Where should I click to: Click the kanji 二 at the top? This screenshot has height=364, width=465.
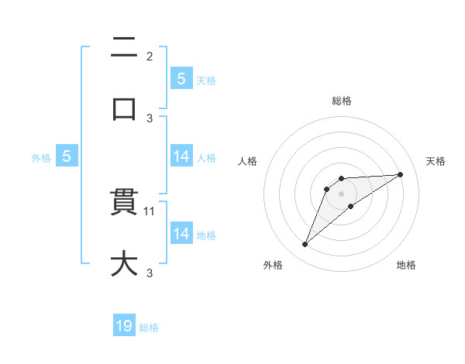pyautogui.click(x=125, y=48)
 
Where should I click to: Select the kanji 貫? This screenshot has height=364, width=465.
pyautogui.click(x=125, y=203)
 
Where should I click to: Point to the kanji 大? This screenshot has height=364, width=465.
pyautogui.click(x=125, y=263)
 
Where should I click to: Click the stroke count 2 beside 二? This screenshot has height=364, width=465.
pyautogui.click(x=150, y=57)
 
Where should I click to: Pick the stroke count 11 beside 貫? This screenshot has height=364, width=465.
pyautogui.click(x=151, y=211)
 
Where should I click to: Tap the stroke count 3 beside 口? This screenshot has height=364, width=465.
pyautogui.click(x=150, y=118)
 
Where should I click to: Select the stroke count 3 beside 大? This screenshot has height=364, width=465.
pyautogui.click(x=150, y=273)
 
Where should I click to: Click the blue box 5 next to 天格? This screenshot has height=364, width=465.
pyautogui.click(x=181, y=78)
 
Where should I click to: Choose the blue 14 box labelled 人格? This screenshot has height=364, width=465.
pyautogui.click(x=181, y=156)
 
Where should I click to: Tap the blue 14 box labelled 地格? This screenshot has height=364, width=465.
pyautogui.click(x=181, y=233)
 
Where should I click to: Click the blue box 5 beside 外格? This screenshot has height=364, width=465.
pyautogui.click(x=67, y=156)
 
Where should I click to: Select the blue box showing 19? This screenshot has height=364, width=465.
pyautogui.click(x=124, y=326)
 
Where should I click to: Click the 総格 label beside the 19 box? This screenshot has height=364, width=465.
pyautogui.click(x=149, y=328)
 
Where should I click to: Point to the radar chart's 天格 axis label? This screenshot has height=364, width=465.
pyautogui.click(x=436, y=161)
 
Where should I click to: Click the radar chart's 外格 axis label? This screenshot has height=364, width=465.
pyautogui.click(x=273, y=265)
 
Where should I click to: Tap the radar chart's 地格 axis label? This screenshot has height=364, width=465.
pyautogui.click(x=406, y=265)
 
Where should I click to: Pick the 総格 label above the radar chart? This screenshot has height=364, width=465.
pyautogui.click(x=342, y=101)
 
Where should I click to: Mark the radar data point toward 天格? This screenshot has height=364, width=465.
pyautogui.click(x=401, y=174)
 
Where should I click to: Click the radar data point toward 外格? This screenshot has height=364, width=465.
pyautogui.click(x=305, y=245)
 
